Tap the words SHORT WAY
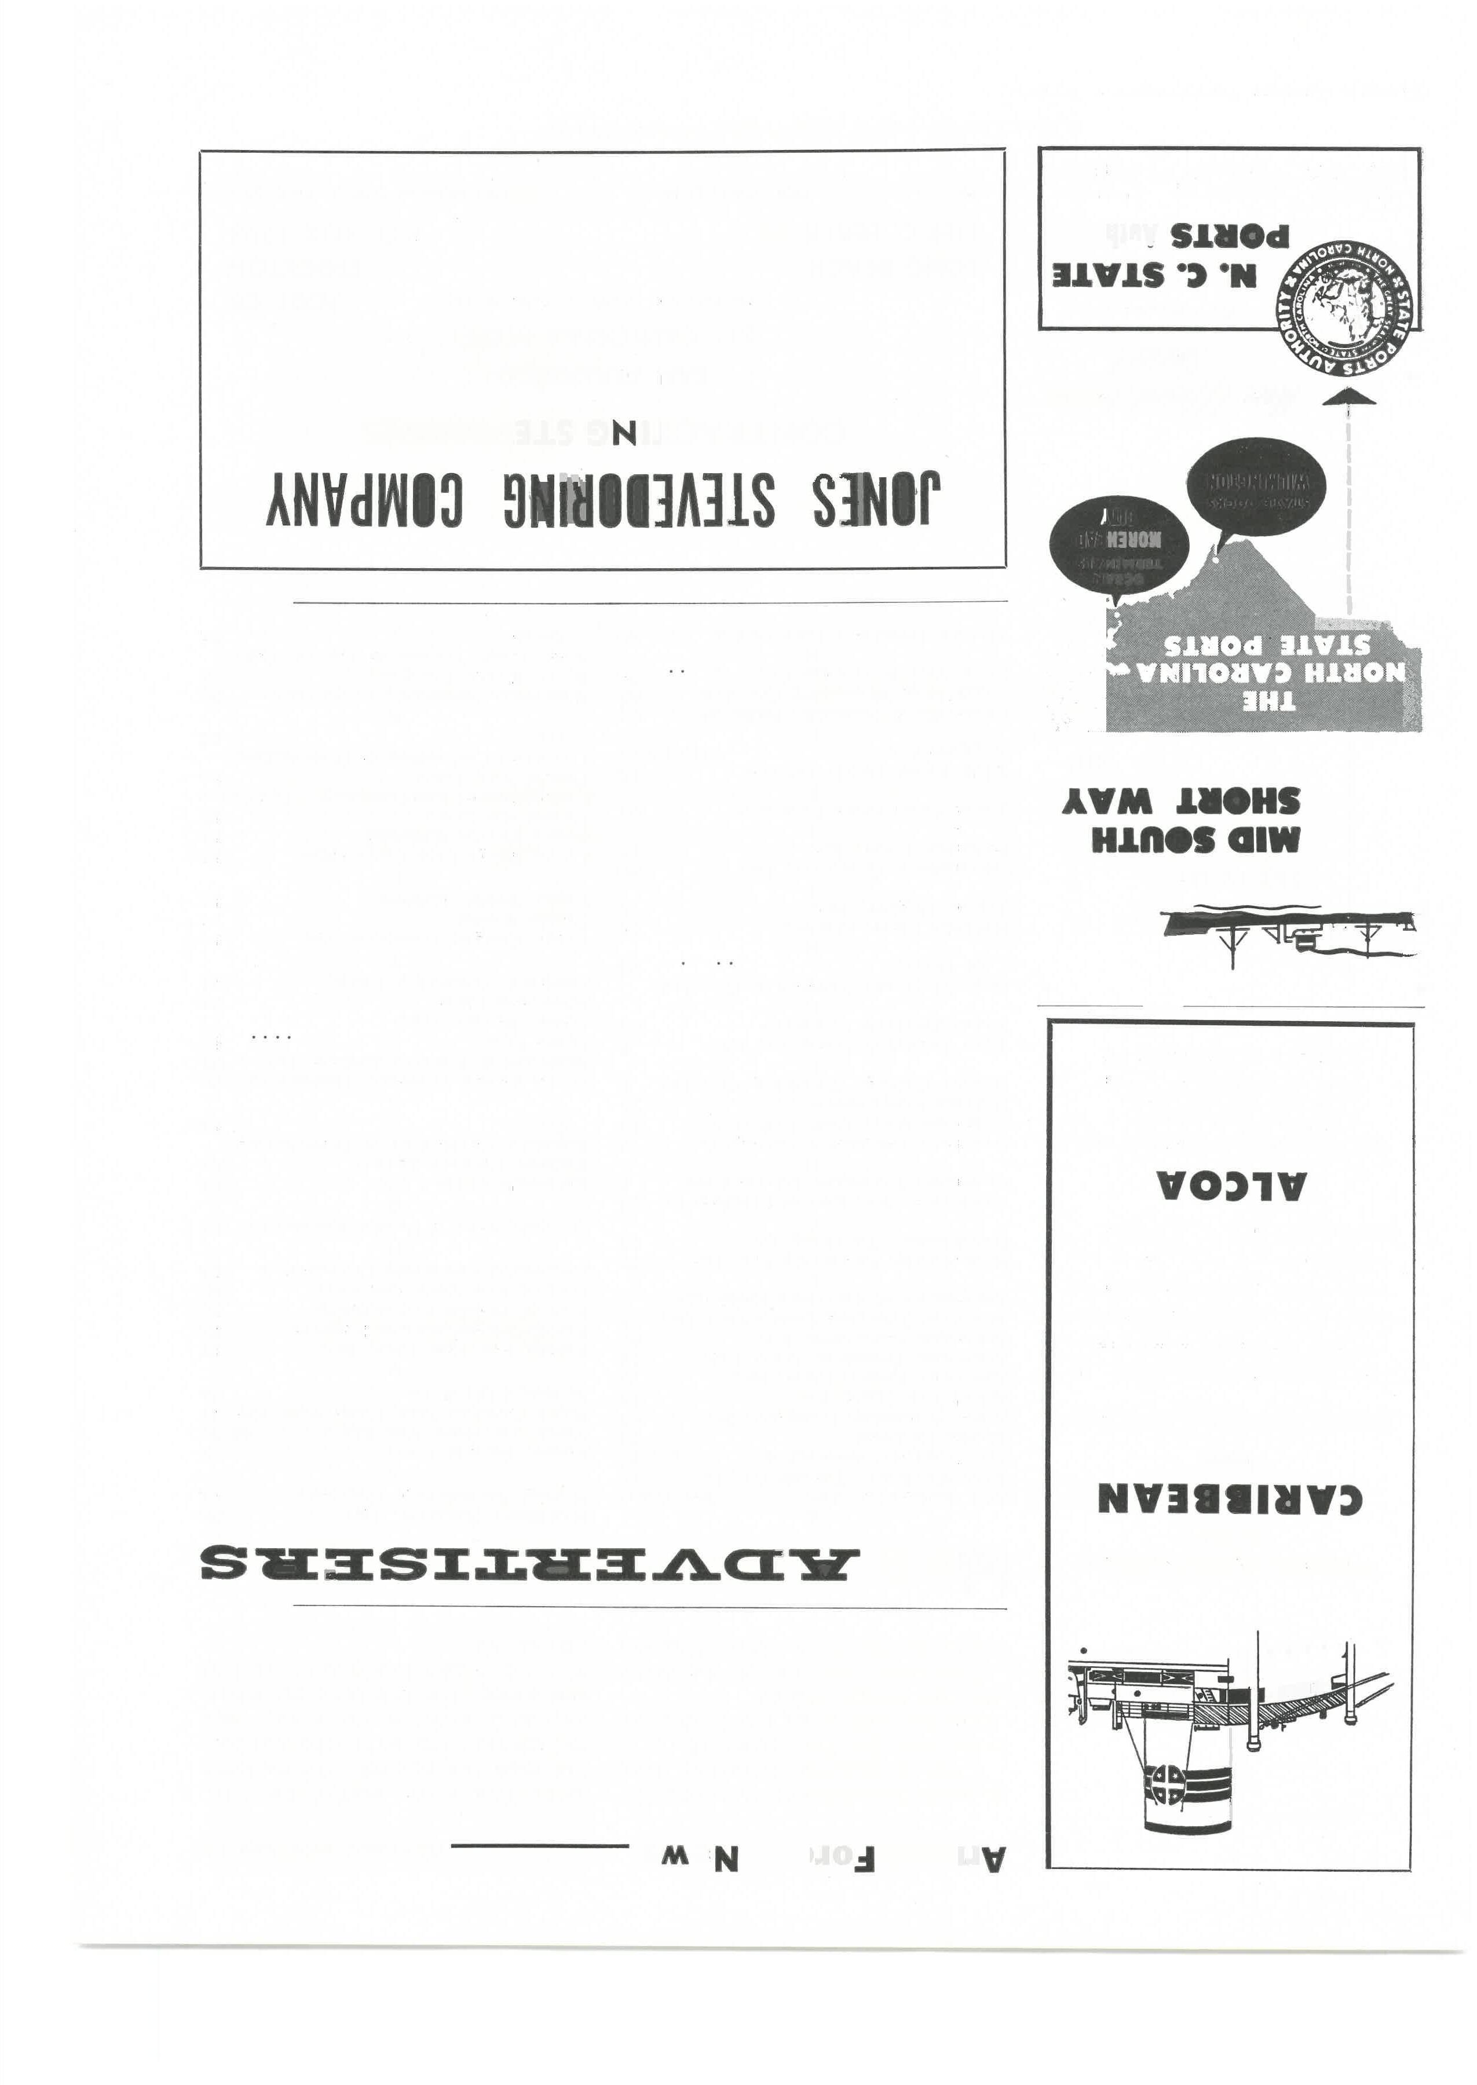1180,801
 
